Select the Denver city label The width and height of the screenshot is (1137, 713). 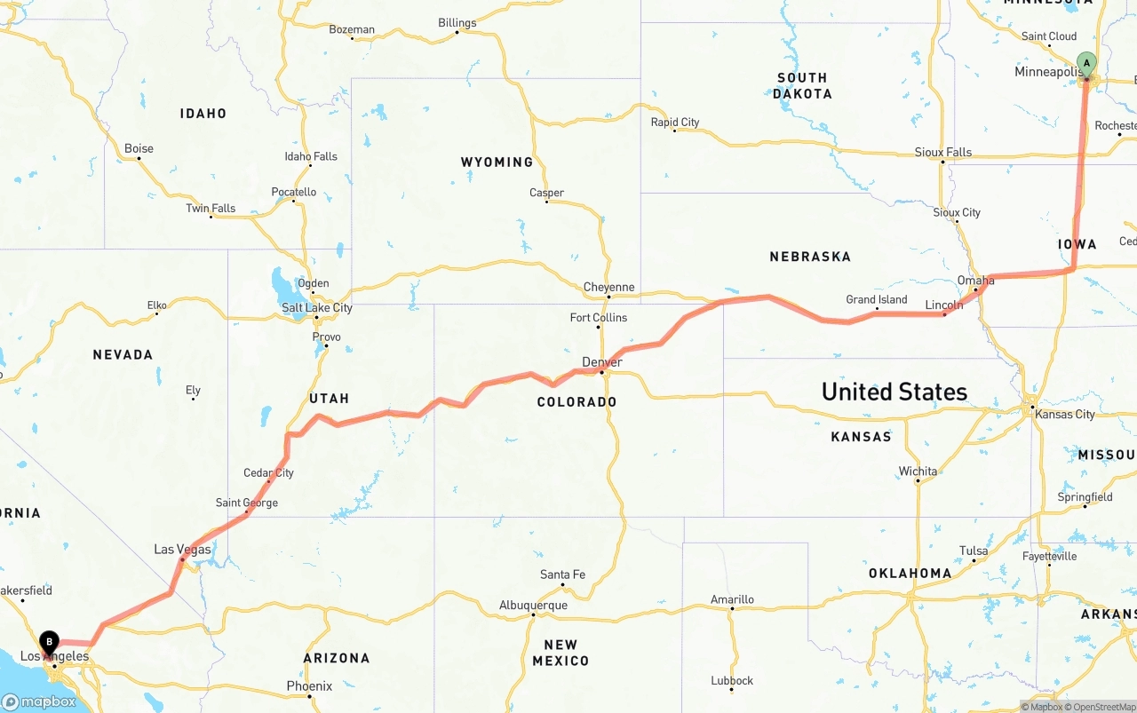point(601,362)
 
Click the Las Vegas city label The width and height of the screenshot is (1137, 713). point(182,550)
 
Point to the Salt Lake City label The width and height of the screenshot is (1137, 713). point(317,308)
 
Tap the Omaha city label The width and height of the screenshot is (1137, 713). point(975,281)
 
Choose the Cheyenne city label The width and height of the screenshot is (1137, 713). point(608,287)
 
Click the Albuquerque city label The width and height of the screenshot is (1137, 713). point(533,606)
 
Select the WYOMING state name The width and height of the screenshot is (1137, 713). point(497,162)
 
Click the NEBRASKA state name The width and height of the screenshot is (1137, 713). point(810,257)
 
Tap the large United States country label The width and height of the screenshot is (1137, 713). point(894,392)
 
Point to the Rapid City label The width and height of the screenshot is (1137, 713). point(675,123)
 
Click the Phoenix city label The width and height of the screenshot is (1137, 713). point(309,686)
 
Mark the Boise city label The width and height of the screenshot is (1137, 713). point(139,148)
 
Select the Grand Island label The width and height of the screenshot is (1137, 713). point(876,300)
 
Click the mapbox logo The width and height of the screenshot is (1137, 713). point(39,701)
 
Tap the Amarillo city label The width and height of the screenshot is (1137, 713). point(732,600)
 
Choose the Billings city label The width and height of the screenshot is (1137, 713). point(457,23)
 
